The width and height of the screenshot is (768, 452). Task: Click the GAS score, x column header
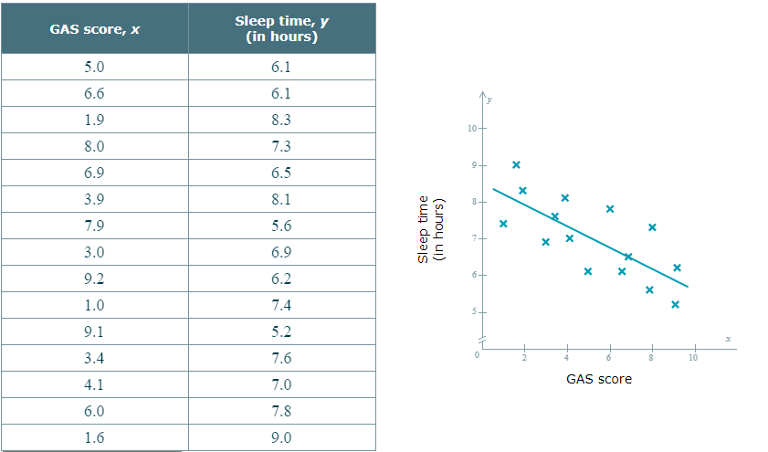tap(95, 29)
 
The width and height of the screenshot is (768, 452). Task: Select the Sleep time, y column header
tap(281, 29)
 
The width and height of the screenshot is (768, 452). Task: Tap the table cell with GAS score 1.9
tap(95, 120)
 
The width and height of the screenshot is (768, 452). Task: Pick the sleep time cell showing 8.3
tap(281, 120)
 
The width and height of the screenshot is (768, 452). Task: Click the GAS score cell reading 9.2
tap(95, 279)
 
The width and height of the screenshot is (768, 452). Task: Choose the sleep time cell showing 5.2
tap(281, 331)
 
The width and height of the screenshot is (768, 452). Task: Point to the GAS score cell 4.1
tap(95, 384)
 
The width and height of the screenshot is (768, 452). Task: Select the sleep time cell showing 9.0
tap(281, 437)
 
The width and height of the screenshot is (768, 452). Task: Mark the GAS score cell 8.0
tap(95, 146)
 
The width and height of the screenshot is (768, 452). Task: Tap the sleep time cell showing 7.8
tap(281, 411)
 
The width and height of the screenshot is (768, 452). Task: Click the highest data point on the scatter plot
tap(516, 164)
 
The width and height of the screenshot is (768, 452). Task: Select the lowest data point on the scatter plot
tap(675, 304)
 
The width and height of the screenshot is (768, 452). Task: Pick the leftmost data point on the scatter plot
tap(503, 224)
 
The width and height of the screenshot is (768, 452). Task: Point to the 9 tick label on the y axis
tap(472, 165)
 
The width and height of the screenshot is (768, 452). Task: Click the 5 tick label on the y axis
tap(472, 312)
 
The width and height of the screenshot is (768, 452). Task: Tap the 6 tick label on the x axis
tap(609, 357)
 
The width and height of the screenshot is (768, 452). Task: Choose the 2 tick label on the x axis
tap(524, 357)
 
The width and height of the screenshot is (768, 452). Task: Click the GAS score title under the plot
tap(598, 379)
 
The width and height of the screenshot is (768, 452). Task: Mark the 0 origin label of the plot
tap(476, 354)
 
